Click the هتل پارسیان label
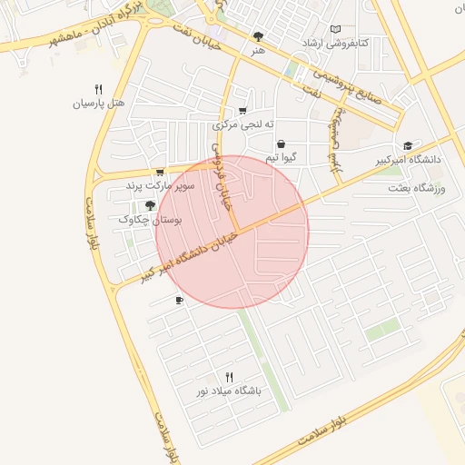click(x=97, y=104)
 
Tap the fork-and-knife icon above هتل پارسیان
click(x=98, y=89)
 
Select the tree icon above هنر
click(x=259, y=37)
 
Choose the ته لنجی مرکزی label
click(x=243, y=124)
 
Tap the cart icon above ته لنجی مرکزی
click(x=242, y=111)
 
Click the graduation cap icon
click(x=408, y=145)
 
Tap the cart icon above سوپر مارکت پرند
click(x=160, y=173)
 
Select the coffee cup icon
click(x=179, y=300)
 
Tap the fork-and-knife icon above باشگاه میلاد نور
click(x=229, y=377)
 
